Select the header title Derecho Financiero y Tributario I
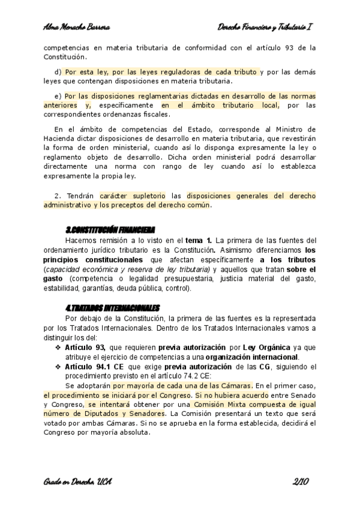point(266,28)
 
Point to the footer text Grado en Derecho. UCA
point(78,481)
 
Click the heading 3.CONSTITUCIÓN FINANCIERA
point(110,230)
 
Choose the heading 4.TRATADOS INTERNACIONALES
point(112,307)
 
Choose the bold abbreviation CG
point(264,366)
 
